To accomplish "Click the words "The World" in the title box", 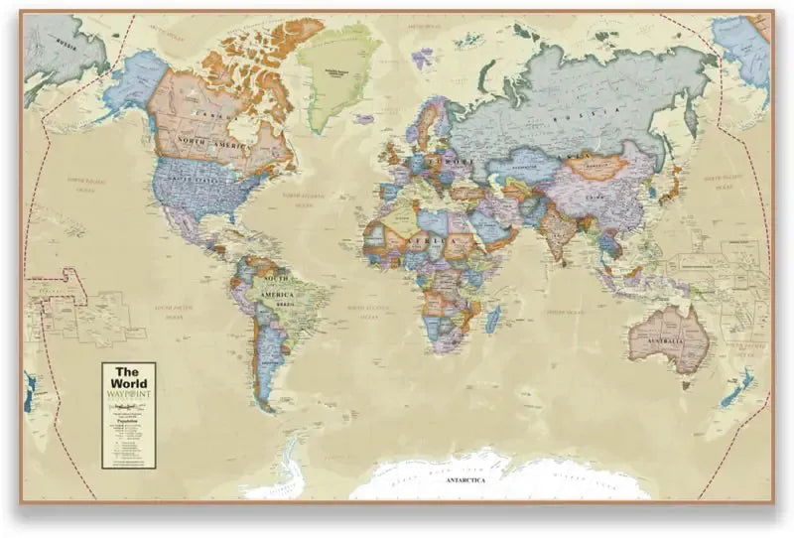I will [129, 378].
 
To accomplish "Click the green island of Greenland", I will [336, 69].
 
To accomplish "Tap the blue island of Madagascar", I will [492, 319].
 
